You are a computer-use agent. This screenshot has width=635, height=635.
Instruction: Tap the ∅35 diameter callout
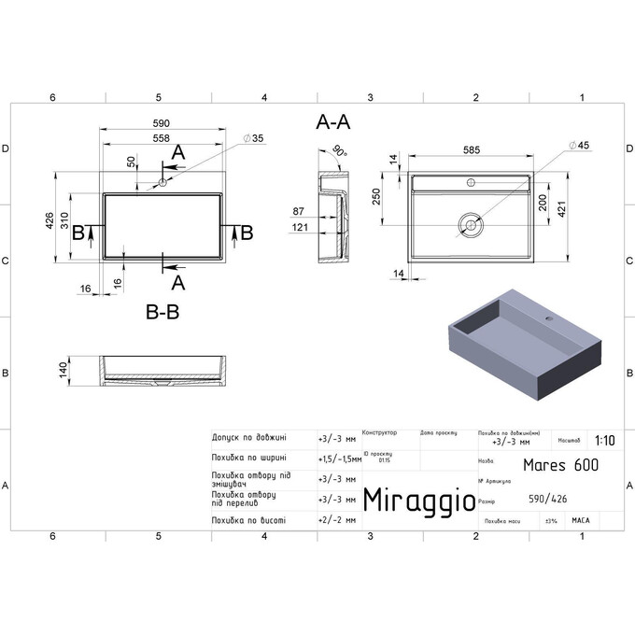253,138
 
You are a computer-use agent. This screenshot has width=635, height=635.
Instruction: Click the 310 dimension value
78,220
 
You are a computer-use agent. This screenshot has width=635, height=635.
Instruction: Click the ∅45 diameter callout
581,146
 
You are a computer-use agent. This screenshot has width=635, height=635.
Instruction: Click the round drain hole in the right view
471,223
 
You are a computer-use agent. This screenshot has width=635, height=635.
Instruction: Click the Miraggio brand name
416,500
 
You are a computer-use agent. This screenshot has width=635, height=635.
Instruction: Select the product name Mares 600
560,464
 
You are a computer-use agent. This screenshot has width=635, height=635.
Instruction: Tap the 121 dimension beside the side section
300,228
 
